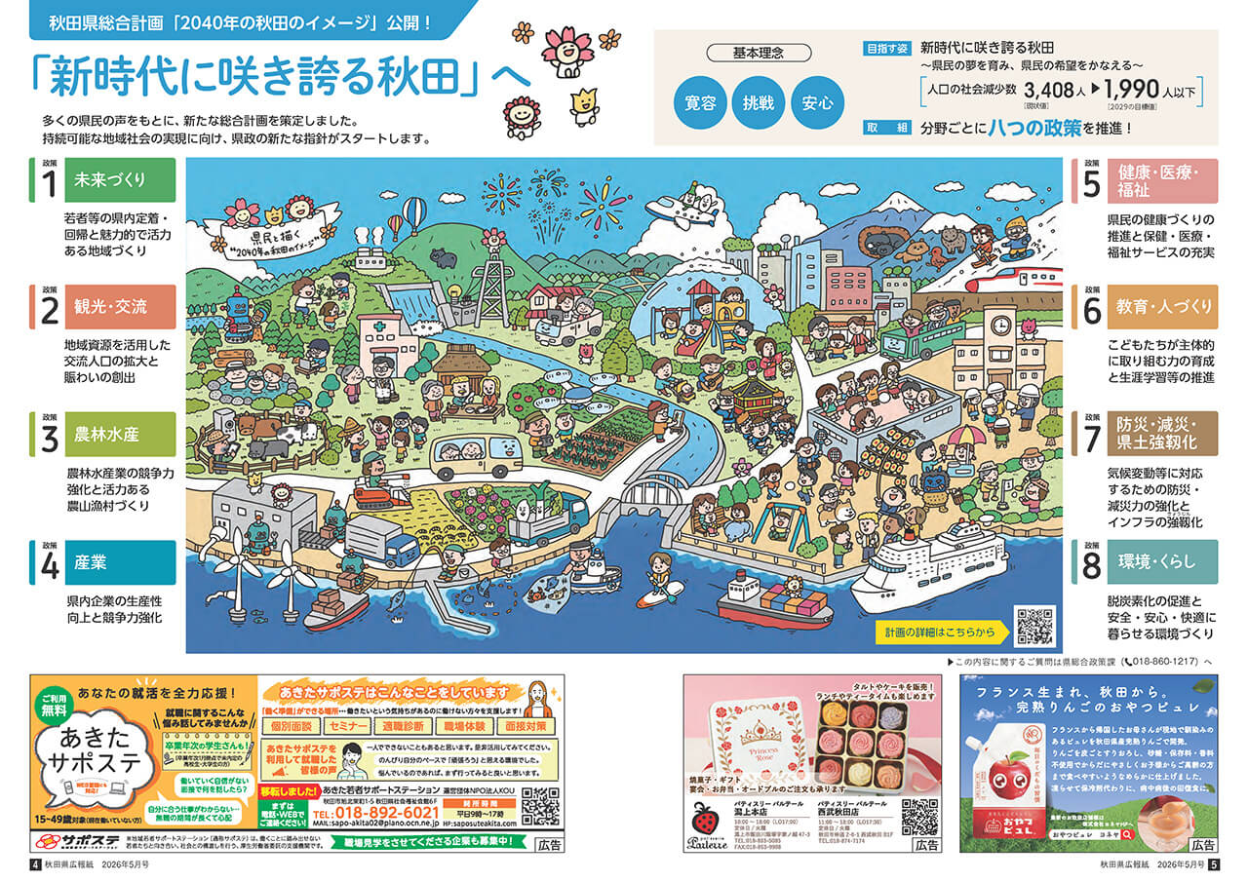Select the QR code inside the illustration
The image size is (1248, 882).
[1034, 626]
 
